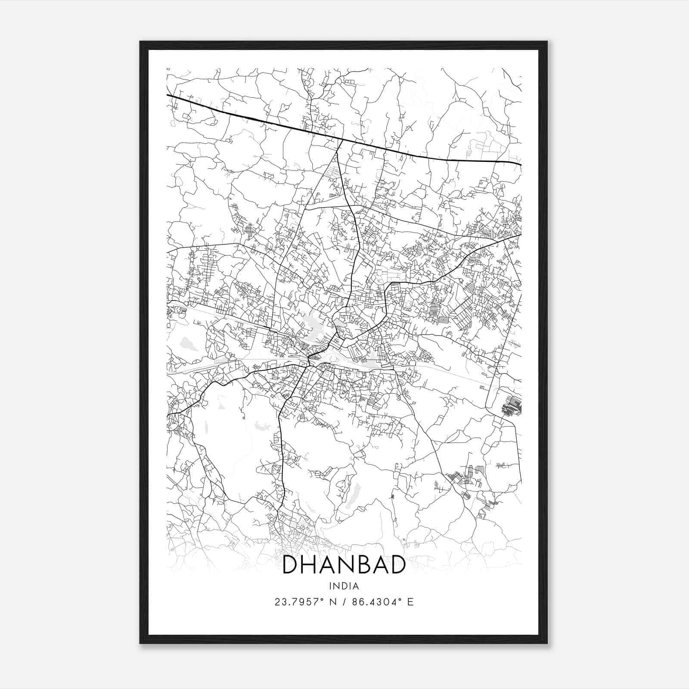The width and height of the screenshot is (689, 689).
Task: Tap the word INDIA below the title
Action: pos(344,586)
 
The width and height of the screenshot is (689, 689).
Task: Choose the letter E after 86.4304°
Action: pos(410,602)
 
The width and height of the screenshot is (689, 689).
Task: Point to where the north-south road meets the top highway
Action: pos(342,140)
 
